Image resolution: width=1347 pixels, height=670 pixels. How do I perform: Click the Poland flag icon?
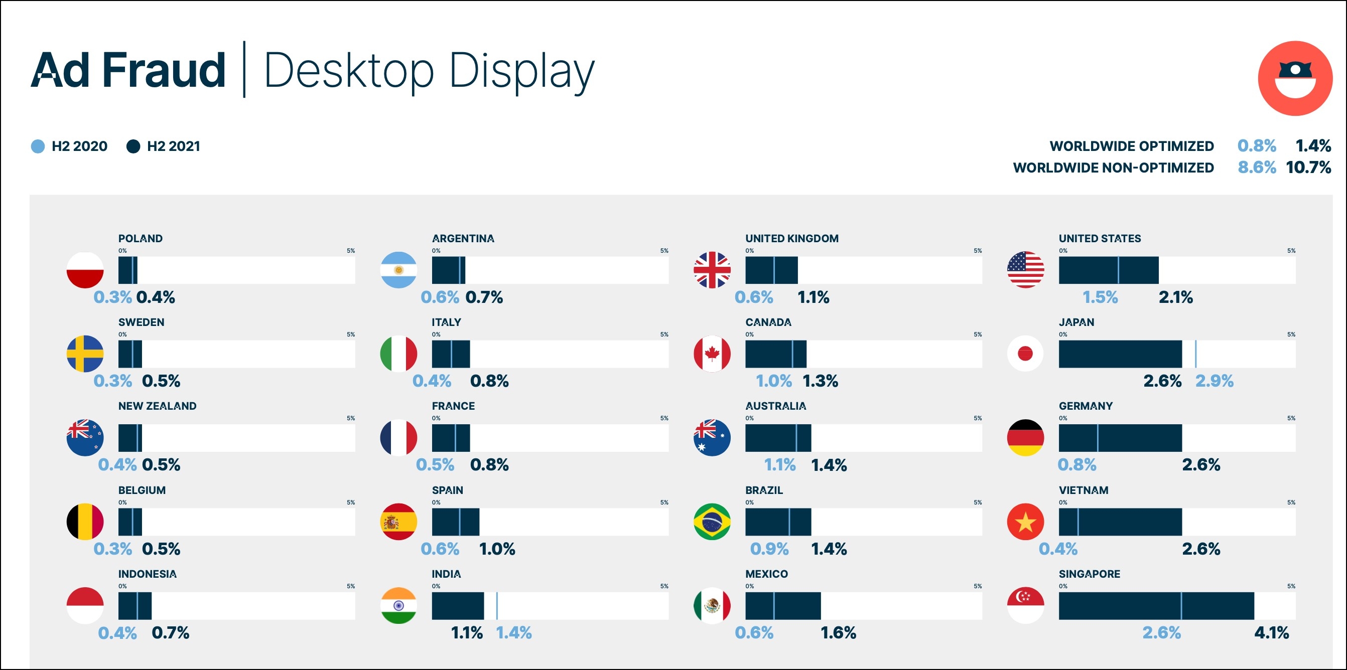point(85,270)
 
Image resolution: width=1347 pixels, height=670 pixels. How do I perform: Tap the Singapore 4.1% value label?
point(1271,633)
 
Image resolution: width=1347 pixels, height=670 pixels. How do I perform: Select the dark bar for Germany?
point(1120,438)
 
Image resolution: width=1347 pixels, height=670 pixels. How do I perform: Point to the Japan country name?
point(1076,322)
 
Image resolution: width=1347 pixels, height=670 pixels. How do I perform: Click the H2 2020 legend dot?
point(38,146)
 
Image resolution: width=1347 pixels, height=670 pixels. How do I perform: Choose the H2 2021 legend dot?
point(133,146)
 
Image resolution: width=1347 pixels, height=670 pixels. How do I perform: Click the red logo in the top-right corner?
point(1295,78)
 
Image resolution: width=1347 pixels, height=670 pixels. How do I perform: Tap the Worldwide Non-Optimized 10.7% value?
point(1308,168)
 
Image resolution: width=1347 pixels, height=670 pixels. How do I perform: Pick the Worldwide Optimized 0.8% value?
point(1257,146)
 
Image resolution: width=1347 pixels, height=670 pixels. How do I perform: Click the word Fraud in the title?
point(164,71)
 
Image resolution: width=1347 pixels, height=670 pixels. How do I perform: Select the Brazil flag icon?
point(712,522)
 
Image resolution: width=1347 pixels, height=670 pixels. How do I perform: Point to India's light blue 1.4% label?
point(513,633)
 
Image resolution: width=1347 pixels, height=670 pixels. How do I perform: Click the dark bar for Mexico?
point(783,606)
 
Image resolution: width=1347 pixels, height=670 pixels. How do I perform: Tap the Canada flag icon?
point(712,354)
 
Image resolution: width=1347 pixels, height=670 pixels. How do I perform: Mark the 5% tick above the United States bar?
point(1291,251)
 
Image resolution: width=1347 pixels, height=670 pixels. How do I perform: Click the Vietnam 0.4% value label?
point(1058,549)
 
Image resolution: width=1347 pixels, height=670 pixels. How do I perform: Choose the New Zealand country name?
point(158,406)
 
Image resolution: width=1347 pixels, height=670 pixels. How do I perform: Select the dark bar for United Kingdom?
point(771,270)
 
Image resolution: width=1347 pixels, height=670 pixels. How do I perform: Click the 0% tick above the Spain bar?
point(436,502)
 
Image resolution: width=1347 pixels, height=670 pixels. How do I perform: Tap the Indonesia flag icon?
point(85,605)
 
